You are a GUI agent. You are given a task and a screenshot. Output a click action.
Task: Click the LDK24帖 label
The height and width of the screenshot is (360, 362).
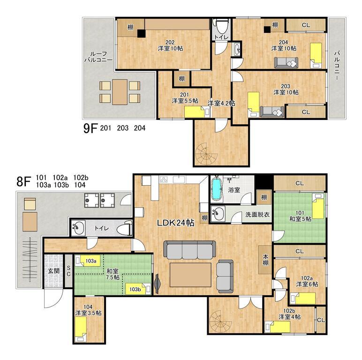point(175,223)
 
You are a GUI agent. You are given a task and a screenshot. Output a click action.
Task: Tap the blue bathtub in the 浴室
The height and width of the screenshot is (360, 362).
point(217,189)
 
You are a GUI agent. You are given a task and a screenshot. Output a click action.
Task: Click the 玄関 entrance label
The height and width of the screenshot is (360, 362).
point(54,270)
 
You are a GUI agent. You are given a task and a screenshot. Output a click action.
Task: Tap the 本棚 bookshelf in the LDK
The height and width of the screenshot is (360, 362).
point(265,260)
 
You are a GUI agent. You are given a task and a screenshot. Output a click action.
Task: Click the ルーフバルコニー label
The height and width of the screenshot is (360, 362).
point(98,57)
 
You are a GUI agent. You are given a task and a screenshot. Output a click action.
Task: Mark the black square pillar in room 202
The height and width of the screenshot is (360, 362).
point(141,34)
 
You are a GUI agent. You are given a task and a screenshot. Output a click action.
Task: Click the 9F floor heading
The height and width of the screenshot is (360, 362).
point(90,128)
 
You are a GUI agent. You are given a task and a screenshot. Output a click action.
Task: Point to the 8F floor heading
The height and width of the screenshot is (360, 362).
point(24,181)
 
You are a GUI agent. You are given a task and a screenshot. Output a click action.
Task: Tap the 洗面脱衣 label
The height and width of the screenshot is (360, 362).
point(257,215)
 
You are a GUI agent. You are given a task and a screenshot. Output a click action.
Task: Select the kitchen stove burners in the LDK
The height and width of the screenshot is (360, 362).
point(164,180)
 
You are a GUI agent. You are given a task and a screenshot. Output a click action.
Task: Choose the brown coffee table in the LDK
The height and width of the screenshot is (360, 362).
point(190,275)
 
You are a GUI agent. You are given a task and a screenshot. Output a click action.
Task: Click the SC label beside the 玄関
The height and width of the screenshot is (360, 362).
point(68,271)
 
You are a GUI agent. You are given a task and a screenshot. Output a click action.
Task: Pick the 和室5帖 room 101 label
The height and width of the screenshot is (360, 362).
point(300,216)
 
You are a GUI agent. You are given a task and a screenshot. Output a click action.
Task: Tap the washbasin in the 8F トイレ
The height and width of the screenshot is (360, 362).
point(78,228)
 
